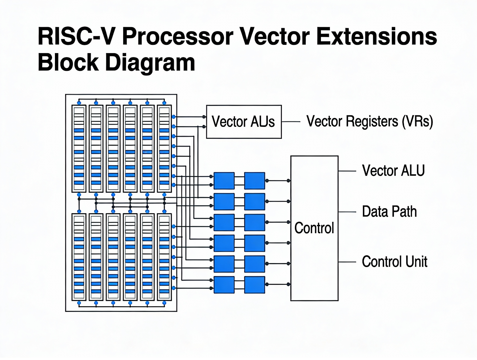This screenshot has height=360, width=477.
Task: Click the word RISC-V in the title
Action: point(77,37)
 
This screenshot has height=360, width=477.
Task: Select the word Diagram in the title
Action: point(150,63)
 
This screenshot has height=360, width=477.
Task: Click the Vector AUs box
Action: point(244,122)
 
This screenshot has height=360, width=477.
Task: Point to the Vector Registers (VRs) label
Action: point(369,122)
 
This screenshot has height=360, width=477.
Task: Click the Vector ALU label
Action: point(393,171)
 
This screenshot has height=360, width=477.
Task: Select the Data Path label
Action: point(389,212)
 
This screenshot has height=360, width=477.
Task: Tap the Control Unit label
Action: point(394,262)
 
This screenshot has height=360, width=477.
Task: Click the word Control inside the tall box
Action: point(314,228)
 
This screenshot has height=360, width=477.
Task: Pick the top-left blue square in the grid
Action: point(224,181)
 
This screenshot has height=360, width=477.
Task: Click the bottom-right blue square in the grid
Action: point(254,285)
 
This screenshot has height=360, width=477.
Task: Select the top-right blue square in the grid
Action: point(254,181)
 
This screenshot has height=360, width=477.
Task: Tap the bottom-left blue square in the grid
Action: point(224,285)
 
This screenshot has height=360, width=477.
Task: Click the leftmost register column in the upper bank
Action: point(79,149)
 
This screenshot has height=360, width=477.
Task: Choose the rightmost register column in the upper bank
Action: point(164,149)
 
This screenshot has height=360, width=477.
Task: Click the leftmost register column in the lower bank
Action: point(79,257)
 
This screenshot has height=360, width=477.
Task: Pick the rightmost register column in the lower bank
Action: point(164,257)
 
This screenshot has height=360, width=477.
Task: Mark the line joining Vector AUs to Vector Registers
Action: point(291,122)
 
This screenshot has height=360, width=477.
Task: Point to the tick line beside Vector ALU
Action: point(347,171)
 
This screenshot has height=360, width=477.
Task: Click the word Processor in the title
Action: point(177,37)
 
